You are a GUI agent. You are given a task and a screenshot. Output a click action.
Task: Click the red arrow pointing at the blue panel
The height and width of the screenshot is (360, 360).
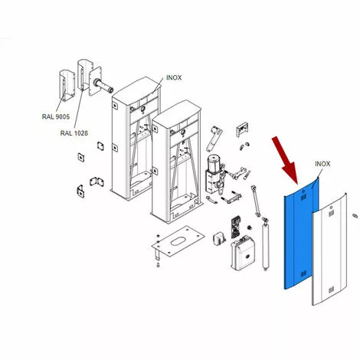point(285,160)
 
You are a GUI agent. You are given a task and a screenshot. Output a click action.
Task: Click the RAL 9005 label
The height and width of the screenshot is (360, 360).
point(56,116)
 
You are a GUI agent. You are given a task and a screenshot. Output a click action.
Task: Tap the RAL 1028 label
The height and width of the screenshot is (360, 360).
point(74,133)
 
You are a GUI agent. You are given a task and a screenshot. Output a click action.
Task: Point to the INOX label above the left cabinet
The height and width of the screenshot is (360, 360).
point(174,77)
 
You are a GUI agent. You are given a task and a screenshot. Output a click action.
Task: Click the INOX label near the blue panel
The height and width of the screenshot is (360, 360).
point(322,164)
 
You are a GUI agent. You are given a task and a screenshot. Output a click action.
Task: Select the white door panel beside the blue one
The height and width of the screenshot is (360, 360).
point(329,250)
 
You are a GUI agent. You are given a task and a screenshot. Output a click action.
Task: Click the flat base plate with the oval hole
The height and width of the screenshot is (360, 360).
point(178,241)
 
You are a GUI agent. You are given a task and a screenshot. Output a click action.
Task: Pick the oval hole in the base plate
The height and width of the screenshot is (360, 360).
point(179,241)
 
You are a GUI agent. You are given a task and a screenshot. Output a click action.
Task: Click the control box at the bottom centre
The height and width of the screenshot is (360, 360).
point(243,253)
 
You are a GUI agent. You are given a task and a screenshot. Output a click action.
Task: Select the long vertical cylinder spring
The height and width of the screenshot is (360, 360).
point(265,244)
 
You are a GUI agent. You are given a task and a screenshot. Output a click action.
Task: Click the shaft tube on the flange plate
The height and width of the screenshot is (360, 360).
point(104,85)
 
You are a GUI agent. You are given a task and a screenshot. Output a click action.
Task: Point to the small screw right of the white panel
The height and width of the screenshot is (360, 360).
point(355,216)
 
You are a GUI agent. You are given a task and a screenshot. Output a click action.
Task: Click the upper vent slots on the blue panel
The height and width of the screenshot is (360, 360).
point(303,197)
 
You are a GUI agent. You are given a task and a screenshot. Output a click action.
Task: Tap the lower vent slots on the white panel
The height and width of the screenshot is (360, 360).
point(331,290)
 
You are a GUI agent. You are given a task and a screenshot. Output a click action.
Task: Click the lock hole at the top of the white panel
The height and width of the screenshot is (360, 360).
point(332,208)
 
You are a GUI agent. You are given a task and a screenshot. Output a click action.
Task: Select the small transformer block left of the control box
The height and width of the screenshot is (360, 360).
point(220,239)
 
